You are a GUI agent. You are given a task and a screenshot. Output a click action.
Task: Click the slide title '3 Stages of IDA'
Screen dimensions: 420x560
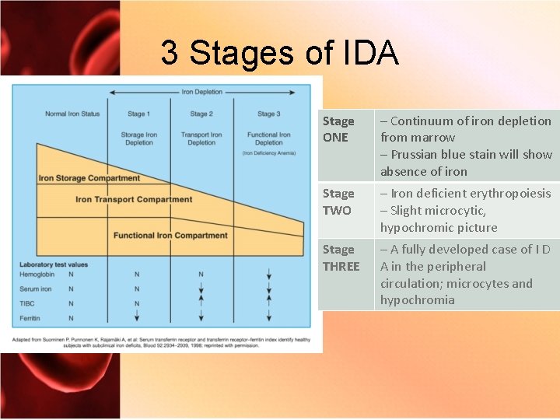[x=279, y=53]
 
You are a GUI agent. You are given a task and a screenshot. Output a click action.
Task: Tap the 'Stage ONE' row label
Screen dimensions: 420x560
[x=338, y=129]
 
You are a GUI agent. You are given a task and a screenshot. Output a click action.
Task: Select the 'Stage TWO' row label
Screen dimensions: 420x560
[x=338, y=201]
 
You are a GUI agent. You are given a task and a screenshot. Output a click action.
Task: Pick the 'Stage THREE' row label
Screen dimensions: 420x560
[x=341, y=257]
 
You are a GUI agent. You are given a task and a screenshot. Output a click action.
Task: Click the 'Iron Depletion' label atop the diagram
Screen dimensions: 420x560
[x=201, y=92]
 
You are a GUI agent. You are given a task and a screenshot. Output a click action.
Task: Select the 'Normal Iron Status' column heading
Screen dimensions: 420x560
[x=72, y=114]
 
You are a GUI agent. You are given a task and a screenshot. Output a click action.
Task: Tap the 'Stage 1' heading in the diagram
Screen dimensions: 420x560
[x=138, y=114]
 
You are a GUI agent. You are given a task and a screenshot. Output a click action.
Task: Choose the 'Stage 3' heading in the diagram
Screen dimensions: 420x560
[x=268, y=114]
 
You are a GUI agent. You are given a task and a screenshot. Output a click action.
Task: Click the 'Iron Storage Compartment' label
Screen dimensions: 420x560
[x=89, y=178]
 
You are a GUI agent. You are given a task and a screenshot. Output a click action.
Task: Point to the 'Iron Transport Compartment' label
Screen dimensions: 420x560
[x=134, y=199]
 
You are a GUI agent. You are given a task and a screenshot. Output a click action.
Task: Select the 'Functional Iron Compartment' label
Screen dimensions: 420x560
[x=170, y=235]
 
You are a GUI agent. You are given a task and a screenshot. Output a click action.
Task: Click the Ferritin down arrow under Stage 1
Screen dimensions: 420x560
[x=137, y=317]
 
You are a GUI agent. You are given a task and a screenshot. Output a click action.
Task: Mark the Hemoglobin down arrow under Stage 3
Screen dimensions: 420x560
[x=268, y=275]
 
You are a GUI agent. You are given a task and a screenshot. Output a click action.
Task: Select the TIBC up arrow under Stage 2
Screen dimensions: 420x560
[x=201, y=303]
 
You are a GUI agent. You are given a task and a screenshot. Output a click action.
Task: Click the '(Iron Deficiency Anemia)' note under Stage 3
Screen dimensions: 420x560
[x=268, y=153]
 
